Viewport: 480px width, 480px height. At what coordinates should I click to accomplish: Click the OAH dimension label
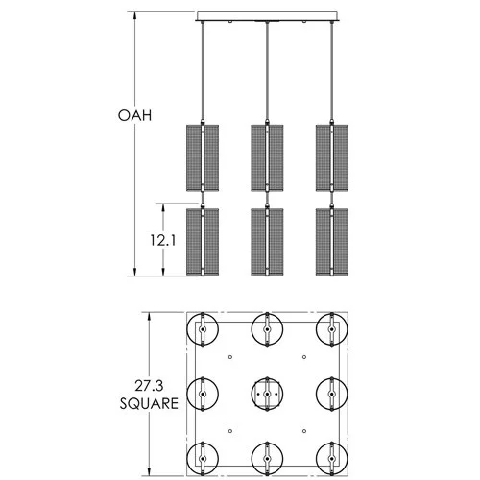135,116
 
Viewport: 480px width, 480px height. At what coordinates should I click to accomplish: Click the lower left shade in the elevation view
202,241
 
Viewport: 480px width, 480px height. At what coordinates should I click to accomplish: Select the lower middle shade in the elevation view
266,241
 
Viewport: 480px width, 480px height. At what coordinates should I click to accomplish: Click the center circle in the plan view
266,393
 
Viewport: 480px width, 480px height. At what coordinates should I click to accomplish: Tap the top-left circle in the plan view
203,329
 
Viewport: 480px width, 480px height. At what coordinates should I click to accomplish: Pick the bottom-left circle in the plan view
203,457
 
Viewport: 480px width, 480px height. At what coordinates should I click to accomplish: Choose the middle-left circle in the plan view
203,393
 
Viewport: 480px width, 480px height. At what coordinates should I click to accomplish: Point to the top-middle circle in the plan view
266,329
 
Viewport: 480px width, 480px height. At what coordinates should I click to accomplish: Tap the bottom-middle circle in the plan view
266,457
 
